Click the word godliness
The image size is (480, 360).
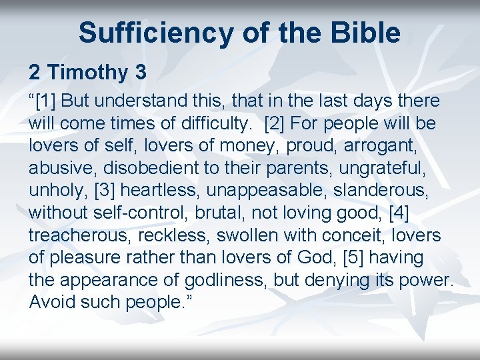pos(217,279)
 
